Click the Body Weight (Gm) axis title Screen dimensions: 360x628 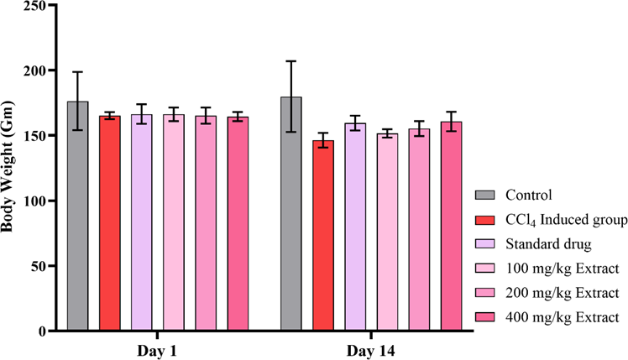pyautogui.click(x=10, y=168)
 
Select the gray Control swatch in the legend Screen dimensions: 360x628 pyautogui.click(x=484, y=196)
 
